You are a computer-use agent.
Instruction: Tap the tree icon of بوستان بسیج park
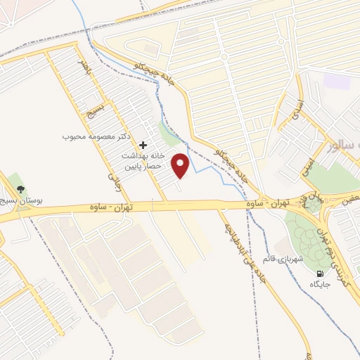(20, 189)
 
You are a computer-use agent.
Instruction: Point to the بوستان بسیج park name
(20, 201)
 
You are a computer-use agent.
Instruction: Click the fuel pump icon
(321, 274)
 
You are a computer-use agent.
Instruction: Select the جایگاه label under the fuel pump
(320, 285)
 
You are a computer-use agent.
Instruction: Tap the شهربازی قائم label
(283, 259)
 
